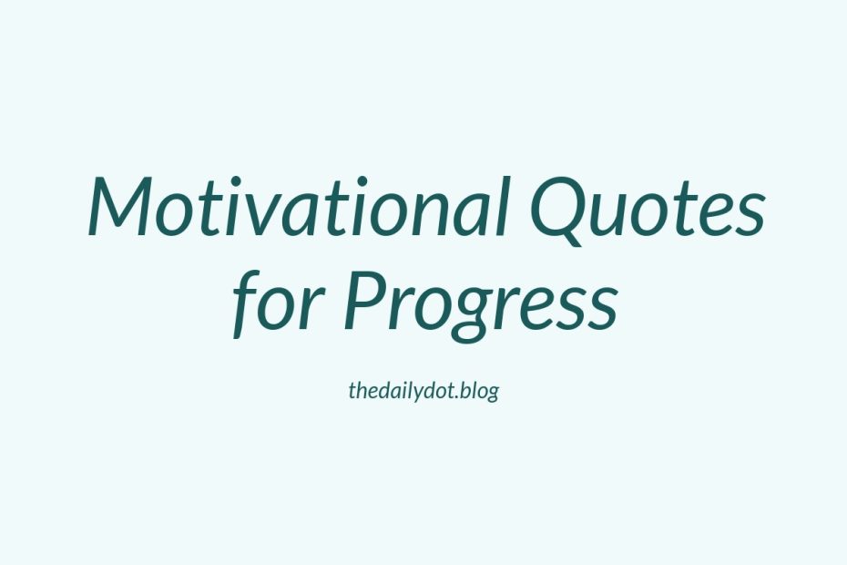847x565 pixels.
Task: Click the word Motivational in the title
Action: pyautogui.click(x=299, y=207)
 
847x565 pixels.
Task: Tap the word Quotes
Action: pyautogui.click(x=648, y=210)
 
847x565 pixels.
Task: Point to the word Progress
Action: pyautogui.click(x=481, y=306)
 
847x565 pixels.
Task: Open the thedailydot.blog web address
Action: pyautogui.click(x=423, y=391)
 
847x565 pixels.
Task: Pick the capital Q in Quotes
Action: pyautogui.click(x=562, y=211)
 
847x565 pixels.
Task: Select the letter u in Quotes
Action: pyautogui.click(x=617, y=216)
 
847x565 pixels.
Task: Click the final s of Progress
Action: pyautogui.click(x=601, y=310)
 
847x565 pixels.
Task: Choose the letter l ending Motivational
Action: pyautogui.click(x=503, y=207)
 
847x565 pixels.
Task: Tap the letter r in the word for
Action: pyautogui.click(x=313, y=309)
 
